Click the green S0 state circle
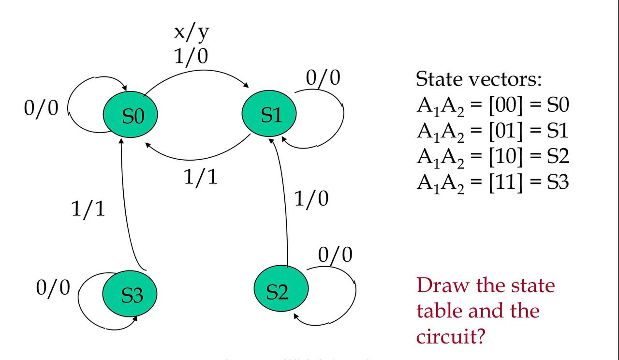130,116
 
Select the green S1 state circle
269,115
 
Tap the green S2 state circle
280,291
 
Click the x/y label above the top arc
192,33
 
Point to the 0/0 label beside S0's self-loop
41,108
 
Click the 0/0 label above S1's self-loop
323,77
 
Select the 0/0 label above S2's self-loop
335,255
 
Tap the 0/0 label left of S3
53,287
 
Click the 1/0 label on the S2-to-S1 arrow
311,199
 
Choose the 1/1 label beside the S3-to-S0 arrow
88,209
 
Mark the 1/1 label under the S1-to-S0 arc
201,177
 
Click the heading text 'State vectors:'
479,79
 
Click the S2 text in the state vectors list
558,156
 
